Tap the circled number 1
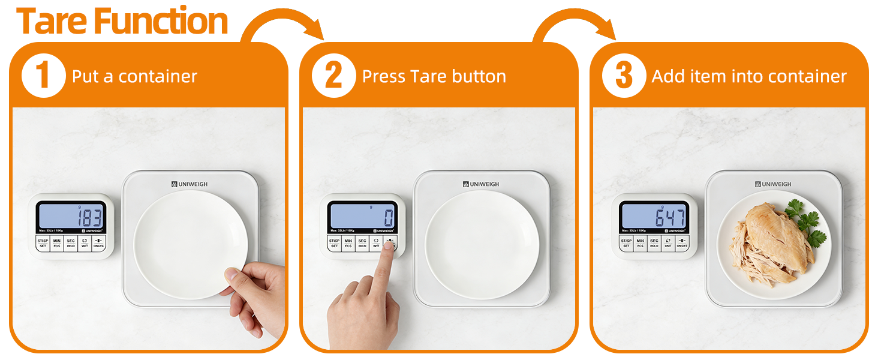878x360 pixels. (43, 76)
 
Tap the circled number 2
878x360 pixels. (333, 76)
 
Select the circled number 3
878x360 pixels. (624, 76)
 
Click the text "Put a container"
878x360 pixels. (134, 77)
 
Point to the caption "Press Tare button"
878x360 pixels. (434, 77)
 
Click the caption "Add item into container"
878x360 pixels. (748, 77)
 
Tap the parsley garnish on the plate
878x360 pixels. (804, 221)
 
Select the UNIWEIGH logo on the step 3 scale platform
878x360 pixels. (773, 184)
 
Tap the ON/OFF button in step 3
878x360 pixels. (682, 243)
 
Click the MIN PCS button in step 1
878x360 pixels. (56, 243)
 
